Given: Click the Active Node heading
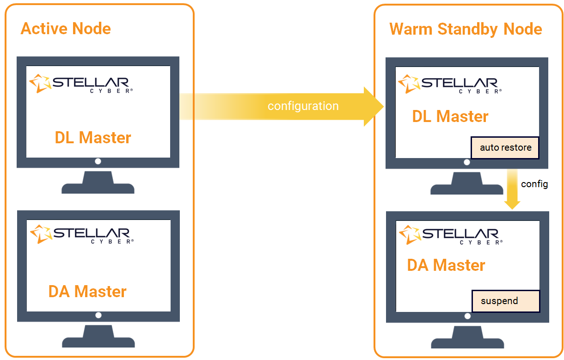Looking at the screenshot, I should pos(66,29).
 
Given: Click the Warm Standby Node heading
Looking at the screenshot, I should pos(466,29).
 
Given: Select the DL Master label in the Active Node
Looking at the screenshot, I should pos(93,137).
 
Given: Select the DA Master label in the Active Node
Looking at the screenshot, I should pos(87,292).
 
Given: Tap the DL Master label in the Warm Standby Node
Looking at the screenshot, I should pos(450,116).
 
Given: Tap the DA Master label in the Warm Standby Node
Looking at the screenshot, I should pos(446,265).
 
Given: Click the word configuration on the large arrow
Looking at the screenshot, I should pos(303,106).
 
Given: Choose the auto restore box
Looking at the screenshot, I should pos(505,148).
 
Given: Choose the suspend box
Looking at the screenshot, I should pos(506,301).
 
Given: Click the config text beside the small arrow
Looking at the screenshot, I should pos(534,184).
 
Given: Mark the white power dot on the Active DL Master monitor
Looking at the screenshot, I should pos(98,161).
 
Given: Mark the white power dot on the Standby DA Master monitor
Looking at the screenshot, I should pos(467,316).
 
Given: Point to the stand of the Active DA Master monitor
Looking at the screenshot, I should pos(98,337).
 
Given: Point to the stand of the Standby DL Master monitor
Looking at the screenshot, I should pos(466,183).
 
